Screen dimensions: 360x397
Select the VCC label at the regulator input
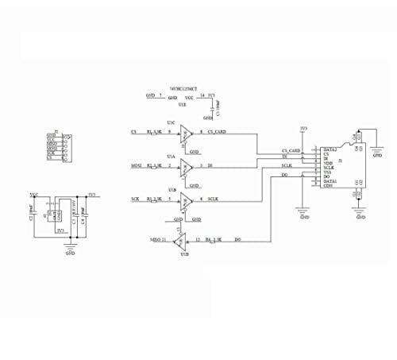click(33, 194)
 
